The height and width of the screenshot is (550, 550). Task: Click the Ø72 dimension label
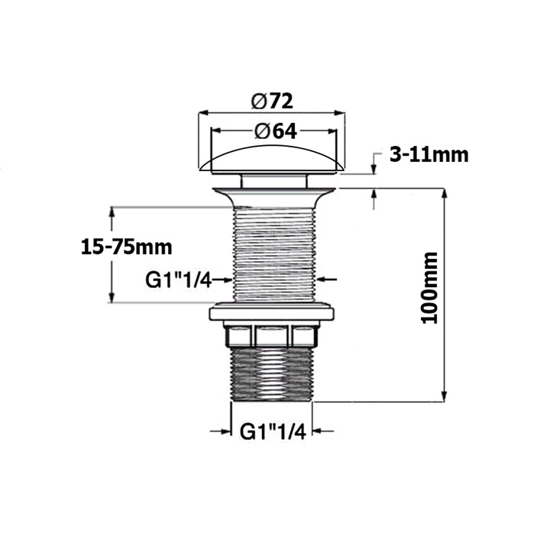click(272, 101)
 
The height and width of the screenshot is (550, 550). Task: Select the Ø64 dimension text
click(273, 131)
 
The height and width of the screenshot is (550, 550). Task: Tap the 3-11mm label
click(428, 155)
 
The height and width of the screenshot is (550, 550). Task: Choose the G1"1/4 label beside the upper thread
click(178, 280)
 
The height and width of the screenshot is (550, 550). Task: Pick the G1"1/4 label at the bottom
click(273, 432)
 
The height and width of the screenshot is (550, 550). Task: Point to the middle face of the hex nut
click(273, 335)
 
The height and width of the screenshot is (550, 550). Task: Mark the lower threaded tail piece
click(273, 374)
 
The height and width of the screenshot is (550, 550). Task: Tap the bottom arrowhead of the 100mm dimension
click(445, 395)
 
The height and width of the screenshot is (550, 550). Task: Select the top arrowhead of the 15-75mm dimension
click(113, 212)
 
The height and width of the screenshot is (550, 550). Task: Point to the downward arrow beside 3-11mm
click(374, 168)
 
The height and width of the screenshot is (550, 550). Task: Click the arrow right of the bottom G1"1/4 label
click(324, 432)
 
